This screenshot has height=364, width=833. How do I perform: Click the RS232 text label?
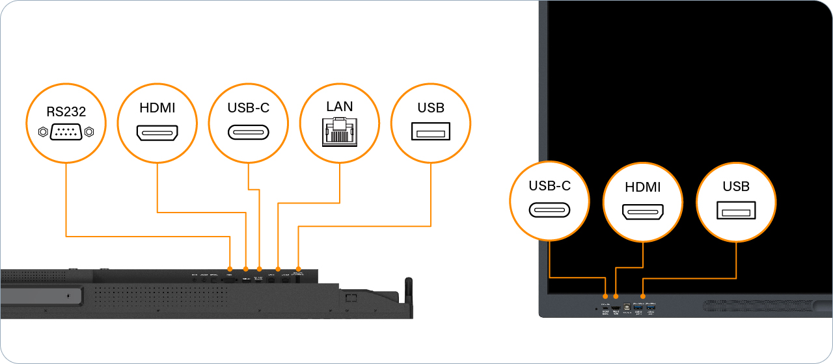pyautogui.click(x=66, y=112)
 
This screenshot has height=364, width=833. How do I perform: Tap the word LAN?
pyautogui.click(x=339, y=105)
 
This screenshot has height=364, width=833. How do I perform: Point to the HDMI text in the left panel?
pyautogui.click(x=157, y=109)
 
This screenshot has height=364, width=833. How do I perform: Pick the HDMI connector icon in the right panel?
pyautogui.click(x=642, y=212)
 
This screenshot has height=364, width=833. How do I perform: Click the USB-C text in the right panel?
pyautogui.click(x=549, y=186)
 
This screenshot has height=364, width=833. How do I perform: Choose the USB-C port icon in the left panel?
pyautogui.click(x=248, y=133)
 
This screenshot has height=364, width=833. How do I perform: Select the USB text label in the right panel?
pyautogui.click(x=736, y=187)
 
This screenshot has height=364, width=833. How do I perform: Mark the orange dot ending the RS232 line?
pyautogui.click(x=230, y=268)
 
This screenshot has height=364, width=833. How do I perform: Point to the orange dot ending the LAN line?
pyautogui.click(x=279, y=268)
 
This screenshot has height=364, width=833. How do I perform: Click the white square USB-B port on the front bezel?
pyautogui.click(x=627, y=305)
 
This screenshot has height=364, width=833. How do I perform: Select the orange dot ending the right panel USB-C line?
pyautogui.click(x=605, y=297)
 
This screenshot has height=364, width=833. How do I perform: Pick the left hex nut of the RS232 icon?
pyautogui.click(x=43, y=132)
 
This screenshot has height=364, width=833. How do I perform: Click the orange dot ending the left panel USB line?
pyautogui.click(x=298, y=268)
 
